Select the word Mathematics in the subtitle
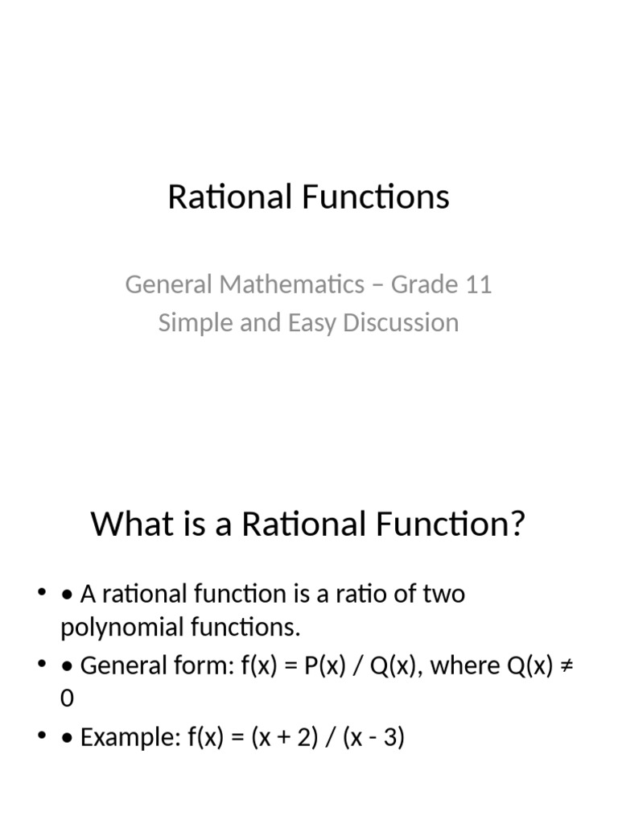295,284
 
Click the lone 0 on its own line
67,699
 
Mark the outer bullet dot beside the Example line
41,736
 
